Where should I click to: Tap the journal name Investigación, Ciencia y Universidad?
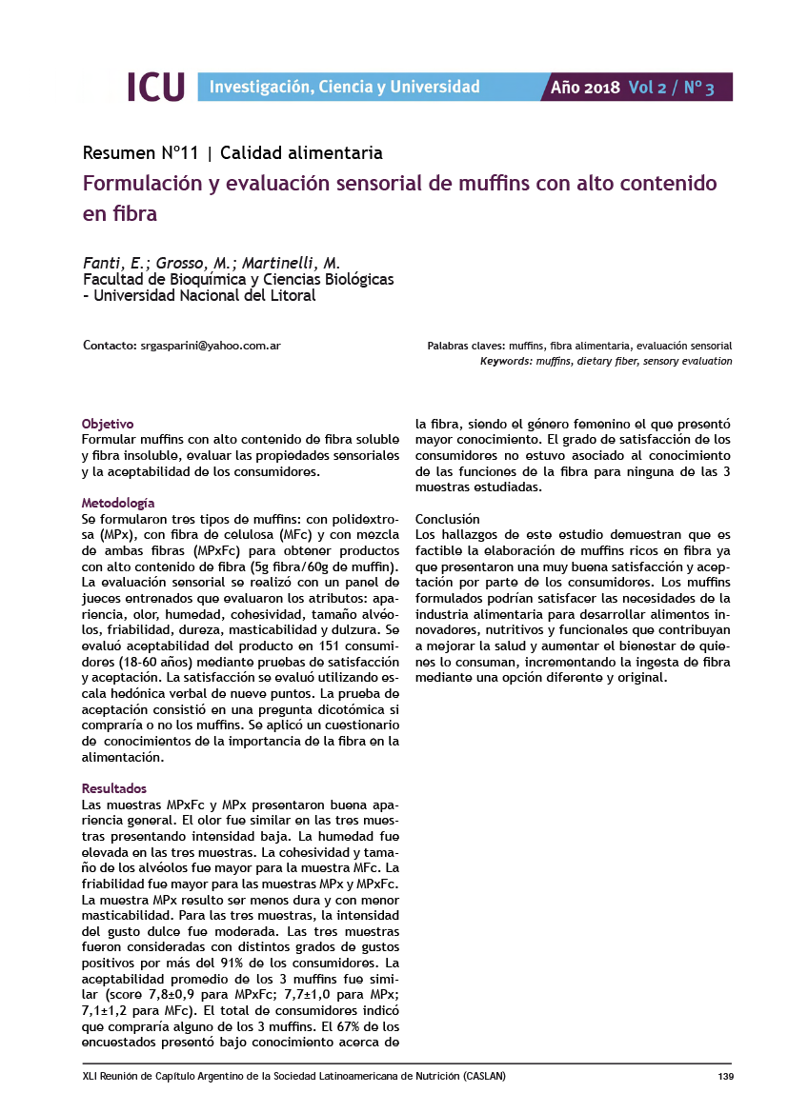[x=344, y=88]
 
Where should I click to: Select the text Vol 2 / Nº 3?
[x=672, y=88]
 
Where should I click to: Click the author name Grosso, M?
[x=195, y=264]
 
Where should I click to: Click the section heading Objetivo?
[x=108, y=423]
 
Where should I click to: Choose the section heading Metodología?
[x=118, y=502]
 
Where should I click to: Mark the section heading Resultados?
[x=114, y=788]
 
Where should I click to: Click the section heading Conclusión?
[x=448, y=519]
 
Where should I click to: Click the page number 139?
[x=723, y=1077]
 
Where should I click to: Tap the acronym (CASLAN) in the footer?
[x=485, y=1077]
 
